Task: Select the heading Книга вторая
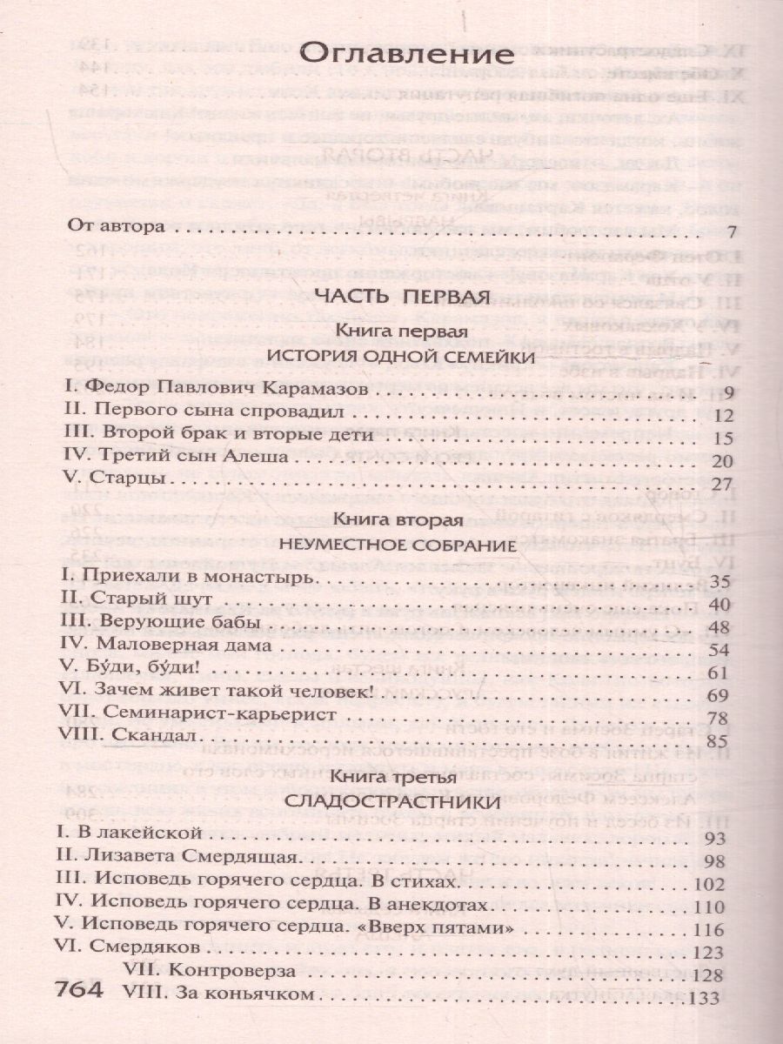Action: (400, 522)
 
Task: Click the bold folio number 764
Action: (79, 991)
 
